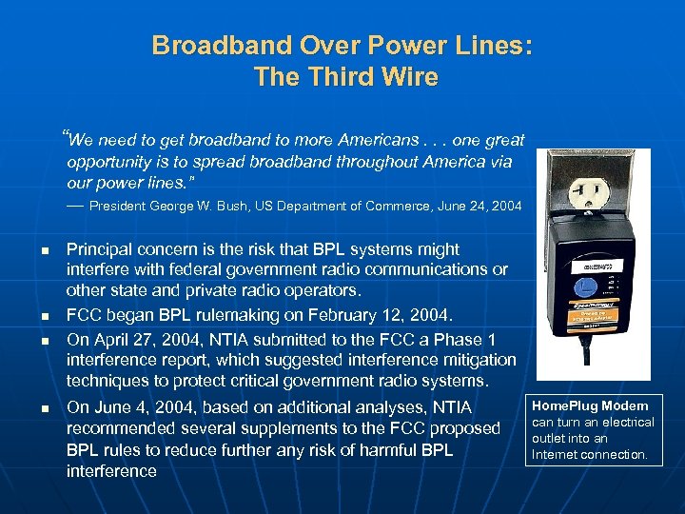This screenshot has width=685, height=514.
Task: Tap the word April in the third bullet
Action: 111,333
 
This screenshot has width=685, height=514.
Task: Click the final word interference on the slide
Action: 111,471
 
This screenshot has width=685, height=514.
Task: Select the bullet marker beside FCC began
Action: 45,314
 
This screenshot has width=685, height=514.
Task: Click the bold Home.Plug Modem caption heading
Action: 590,405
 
